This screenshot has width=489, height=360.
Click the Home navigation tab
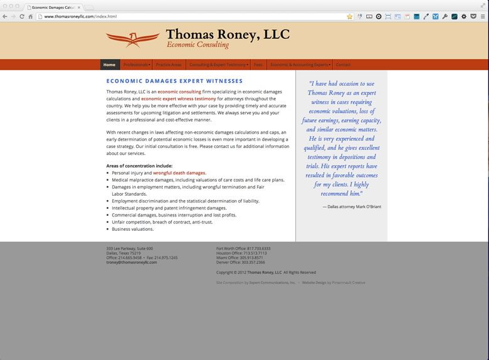coord(110,65)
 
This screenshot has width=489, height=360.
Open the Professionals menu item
coord(136,65)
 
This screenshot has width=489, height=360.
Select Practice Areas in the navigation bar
coord(169,65)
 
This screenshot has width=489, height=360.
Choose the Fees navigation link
coord(258,65)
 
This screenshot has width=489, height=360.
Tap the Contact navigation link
coord(343,65)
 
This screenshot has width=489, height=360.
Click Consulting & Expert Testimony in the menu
coord(218,65)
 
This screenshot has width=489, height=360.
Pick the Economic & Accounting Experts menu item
coord(300,65)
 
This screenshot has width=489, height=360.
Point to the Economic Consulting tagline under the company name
coord(197,45)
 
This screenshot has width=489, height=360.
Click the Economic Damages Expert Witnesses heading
coord(174,81)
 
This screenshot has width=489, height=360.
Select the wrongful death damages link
coord(179,172)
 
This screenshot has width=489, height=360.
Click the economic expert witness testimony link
coord(179,98)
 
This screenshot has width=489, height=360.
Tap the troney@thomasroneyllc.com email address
coord(132,262)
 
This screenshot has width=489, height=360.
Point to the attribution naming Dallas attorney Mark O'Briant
coord(352,206)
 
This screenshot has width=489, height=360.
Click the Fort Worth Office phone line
coord(243,248)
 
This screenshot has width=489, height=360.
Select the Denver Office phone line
coord(241,262)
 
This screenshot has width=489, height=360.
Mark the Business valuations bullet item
coord(132,229)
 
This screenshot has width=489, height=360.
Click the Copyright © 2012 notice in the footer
coord(266,272)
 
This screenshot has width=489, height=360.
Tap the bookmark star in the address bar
coord(349,16)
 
